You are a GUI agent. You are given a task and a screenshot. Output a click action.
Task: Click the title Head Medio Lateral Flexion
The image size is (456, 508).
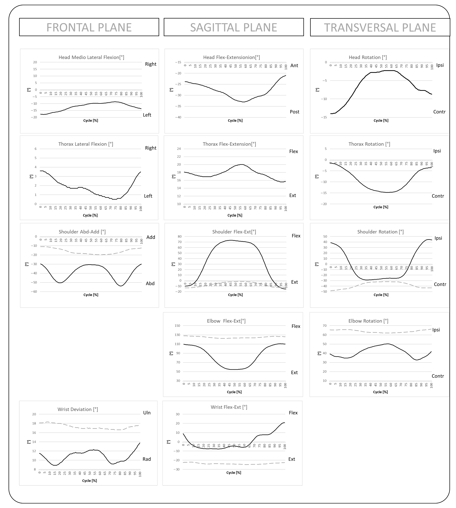tap(91, 57)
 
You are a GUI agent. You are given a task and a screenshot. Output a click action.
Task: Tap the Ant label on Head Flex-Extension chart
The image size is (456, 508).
tap(294, 65)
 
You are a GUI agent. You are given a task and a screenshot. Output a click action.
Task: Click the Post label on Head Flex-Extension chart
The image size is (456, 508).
tap(294, 112)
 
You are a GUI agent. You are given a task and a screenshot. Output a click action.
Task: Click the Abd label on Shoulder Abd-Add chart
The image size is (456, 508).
tap(150, 283)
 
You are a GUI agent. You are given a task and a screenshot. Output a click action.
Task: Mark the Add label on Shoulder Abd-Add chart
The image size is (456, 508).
tap(151, 237)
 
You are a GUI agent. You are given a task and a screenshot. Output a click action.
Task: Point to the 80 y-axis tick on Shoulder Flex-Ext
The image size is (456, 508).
tap(179, 236)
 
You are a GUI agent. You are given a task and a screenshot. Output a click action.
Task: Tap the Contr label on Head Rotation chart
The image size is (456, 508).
tap(439, 112)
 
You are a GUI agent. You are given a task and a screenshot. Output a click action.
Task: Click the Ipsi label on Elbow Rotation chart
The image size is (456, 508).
tap(436, 330)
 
